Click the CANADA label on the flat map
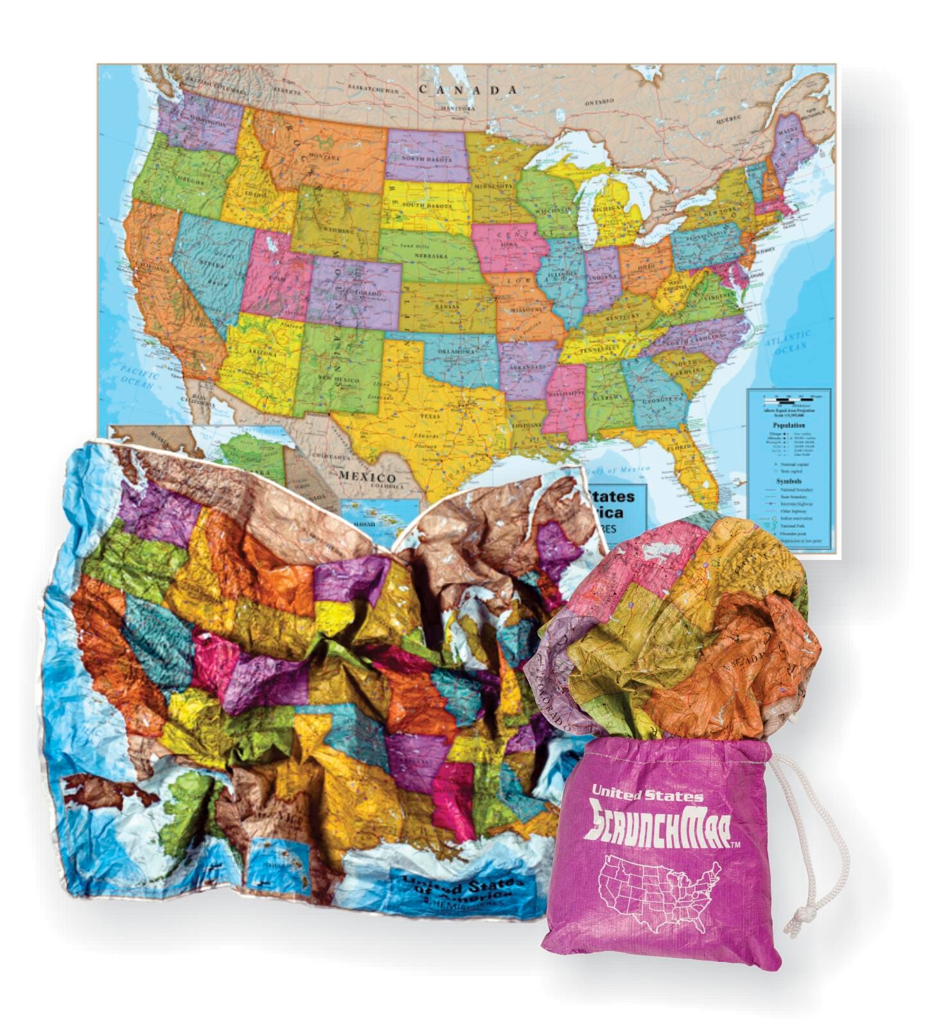(468, 89)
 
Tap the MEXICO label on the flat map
(367, 478)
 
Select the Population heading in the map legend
(789, 424)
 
